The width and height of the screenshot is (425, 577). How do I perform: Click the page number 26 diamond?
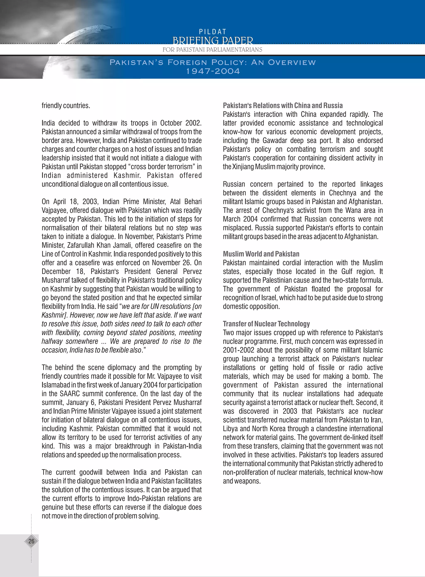pos(31,541)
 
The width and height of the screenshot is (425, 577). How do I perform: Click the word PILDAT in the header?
pos(212,32)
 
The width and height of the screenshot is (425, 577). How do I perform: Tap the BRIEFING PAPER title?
pos(212,41)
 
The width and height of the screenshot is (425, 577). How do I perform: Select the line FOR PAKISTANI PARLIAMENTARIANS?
pos(212,50)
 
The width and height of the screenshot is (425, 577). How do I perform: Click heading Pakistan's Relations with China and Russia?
pos(282,106)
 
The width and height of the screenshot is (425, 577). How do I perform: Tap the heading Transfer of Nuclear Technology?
pos(266,324)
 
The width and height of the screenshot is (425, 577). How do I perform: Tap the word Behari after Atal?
pos(192,202)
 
